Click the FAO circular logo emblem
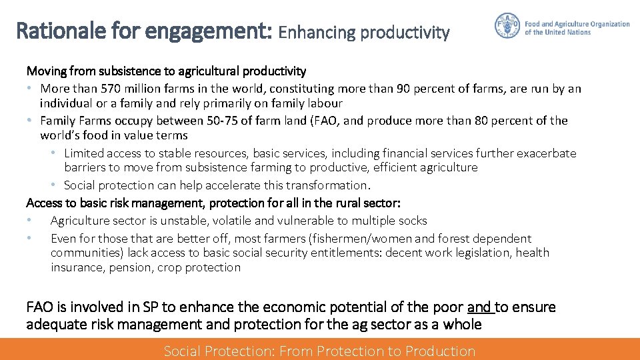point(507,26)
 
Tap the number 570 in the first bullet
point(111,89)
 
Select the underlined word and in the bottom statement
point(479,307)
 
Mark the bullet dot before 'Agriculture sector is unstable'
point(29,221)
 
